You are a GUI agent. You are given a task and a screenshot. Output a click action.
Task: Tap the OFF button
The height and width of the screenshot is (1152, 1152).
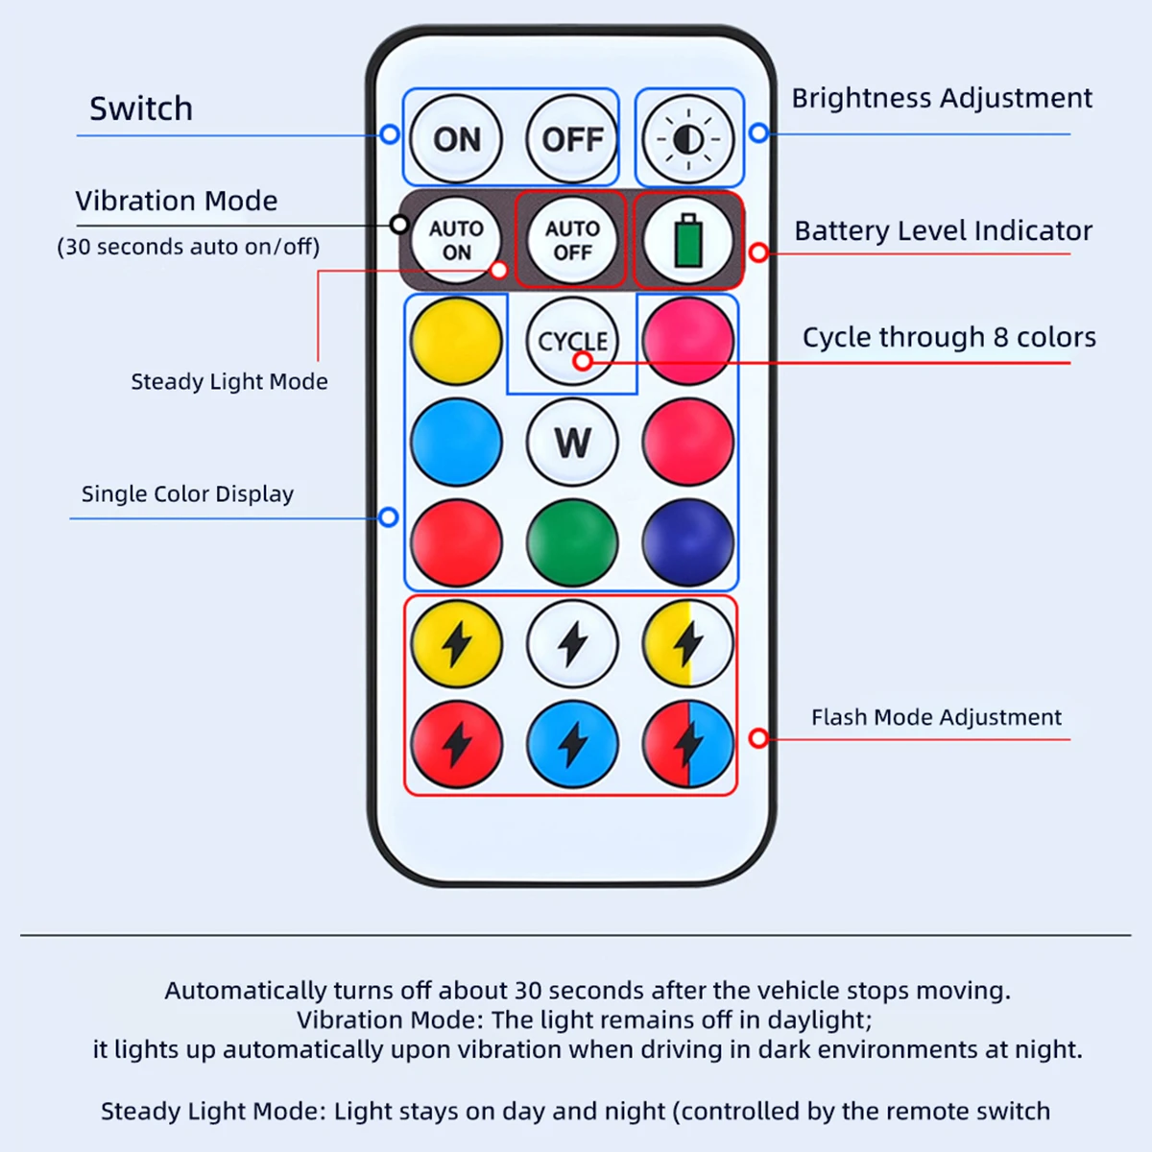pos(572,138)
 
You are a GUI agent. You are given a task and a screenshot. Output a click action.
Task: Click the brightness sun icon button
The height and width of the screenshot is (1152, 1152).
pos(688,138)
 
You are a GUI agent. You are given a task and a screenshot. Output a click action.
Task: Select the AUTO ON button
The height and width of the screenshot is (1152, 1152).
pos(456,240)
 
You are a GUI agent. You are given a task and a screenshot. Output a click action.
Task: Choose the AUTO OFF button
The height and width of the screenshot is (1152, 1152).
pos(572,240)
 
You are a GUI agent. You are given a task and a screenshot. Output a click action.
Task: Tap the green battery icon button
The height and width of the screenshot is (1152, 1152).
pos(688,240)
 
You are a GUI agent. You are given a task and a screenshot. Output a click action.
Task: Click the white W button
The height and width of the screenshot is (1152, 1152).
pos(572,443)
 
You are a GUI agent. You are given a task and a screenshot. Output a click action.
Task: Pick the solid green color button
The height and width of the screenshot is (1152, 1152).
pos(572,542)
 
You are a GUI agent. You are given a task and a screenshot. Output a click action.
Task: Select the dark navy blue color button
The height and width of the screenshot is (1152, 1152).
pos(688,542)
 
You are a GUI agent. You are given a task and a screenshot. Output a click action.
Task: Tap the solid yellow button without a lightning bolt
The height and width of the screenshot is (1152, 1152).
pos(456,342)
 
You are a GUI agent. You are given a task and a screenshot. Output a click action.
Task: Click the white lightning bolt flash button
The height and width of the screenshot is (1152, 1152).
pos(572,644)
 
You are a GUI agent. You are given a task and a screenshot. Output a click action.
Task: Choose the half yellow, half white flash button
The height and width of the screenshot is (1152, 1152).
pos(688,644)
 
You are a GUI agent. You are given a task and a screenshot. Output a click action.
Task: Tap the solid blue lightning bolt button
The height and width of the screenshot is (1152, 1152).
pos(572,744)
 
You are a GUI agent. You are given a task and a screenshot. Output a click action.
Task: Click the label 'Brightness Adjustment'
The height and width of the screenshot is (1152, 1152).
pos(942,99)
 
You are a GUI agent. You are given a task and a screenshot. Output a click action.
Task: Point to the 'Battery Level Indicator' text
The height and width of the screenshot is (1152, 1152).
pos(944,230)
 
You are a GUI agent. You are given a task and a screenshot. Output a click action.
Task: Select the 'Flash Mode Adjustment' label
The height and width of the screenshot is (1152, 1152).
pos(936,717)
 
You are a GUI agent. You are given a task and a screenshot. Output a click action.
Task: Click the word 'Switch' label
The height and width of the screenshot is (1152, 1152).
pos(141,108)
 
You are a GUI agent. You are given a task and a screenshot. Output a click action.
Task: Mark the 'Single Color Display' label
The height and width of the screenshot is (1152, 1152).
pos(188,494)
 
